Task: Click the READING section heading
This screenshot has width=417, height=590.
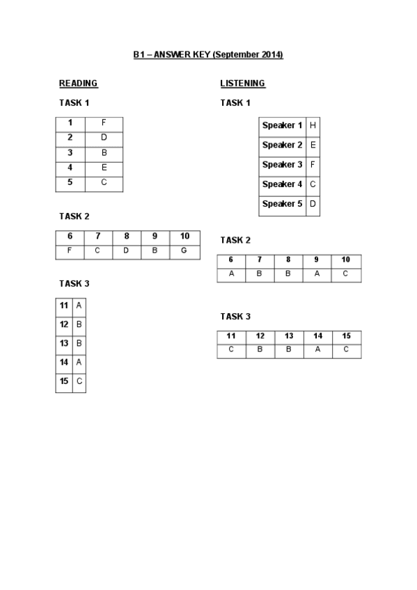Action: [x=78, y=83]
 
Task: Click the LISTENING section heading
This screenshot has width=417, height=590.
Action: [x=242, y=83]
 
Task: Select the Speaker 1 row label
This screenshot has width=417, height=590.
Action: [x=282, y=126]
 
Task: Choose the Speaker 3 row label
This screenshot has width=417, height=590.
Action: [x=282, y=165]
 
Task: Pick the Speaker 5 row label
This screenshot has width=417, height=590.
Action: [x=282, y=204]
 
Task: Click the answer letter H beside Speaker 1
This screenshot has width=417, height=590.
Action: [x=313, y=126]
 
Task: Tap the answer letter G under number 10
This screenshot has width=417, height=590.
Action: [x=184, y=250]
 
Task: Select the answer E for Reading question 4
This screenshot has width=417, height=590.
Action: [x=104, y=168]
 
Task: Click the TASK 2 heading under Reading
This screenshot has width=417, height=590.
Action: [x=74, y=216]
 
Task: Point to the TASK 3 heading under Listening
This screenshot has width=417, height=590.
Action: [x=235, y=317]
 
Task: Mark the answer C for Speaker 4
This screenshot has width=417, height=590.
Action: [x=313, y=184]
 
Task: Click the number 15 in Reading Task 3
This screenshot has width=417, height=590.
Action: [x=64, y=381]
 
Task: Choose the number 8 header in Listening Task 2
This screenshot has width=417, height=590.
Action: [x=288, y=260]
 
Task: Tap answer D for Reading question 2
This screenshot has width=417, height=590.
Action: [x=104, y=138]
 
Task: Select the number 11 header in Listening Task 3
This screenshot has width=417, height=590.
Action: [x=231, y=336]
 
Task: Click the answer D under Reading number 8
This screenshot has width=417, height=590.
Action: [x=126, y=250]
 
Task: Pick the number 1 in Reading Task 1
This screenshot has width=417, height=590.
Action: [x=70, y=122]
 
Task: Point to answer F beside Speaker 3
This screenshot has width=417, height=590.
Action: [x=313, y=165]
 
